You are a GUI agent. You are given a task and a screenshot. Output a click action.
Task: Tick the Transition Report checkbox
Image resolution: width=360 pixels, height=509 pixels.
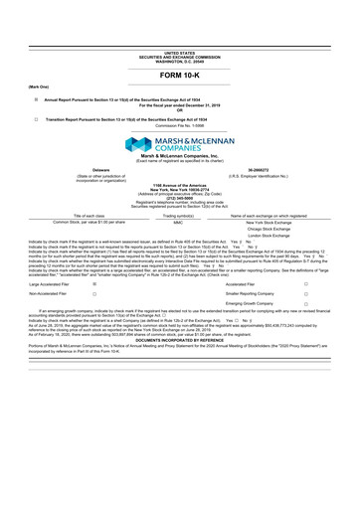pos(37,118)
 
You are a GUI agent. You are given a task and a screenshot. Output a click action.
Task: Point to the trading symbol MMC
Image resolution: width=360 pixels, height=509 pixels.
pos(179,223)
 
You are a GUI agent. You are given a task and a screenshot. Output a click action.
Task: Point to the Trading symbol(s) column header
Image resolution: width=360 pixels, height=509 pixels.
pos(179,215)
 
